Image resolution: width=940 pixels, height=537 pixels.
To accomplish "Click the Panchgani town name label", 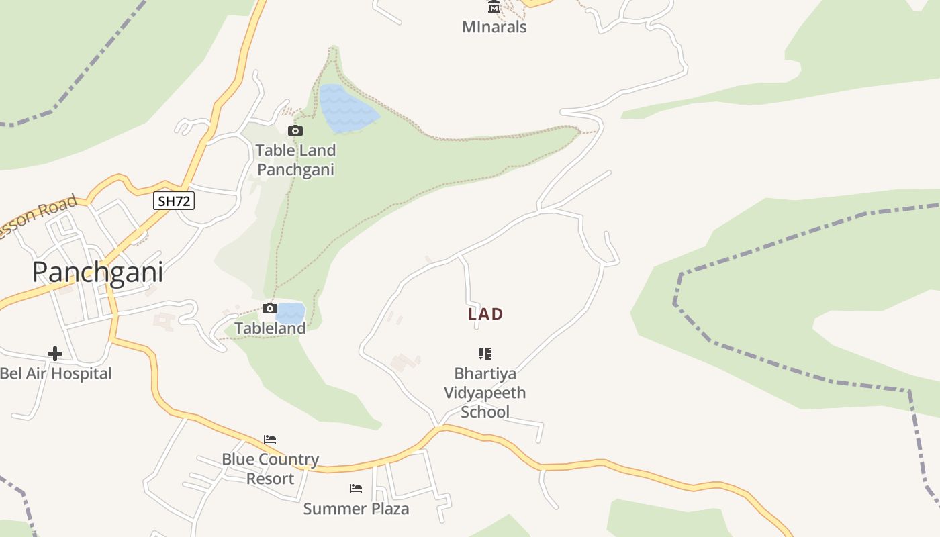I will click(x=98, y=272).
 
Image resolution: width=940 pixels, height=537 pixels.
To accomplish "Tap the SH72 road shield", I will click(x=174, y=201).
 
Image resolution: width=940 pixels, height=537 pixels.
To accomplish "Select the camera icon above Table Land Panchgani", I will click(x=295, y=130).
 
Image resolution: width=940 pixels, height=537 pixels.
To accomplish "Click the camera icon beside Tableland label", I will click(x=270, y=309).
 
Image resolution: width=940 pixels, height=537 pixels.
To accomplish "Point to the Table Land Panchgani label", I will click(x=295, y=160).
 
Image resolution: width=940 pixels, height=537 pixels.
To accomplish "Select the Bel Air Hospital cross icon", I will click(x=55, y=353).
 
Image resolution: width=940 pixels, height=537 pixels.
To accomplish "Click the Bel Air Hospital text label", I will click(x=56, y=373).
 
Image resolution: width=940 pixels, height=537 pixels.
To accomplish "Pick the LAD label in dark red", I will click(x=485, y=314).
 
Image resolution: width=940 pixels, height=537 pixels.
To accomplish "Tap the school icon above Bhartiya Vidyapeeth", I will click(x=485, y=353).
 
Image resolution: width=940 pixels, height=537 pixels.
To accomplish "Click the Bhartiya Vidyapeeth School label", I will click(x=485, y=393).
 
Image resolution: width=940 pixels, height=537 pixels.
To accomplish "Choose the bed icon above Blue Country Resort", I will click(x=270, y=440).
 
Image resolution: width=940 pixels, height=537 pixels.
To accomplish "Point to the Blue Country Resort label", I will click(x=271, y=469).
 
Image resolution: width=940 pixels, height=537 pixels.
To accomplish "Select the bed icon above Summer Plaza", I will click(x=356, y=489).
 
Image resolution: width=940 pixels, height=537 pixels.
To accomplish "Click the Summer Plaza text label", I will click(x=356, y=509).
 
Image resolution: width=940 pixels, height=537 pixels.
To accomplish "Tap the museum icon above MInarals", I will click(x=494, y=7).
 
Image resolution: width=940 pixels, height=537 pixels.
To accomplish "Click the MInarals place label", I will click(x=494, y=27).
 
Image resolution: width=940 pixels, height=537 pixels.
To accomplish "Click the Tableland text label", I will click(x=270, y=328).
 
